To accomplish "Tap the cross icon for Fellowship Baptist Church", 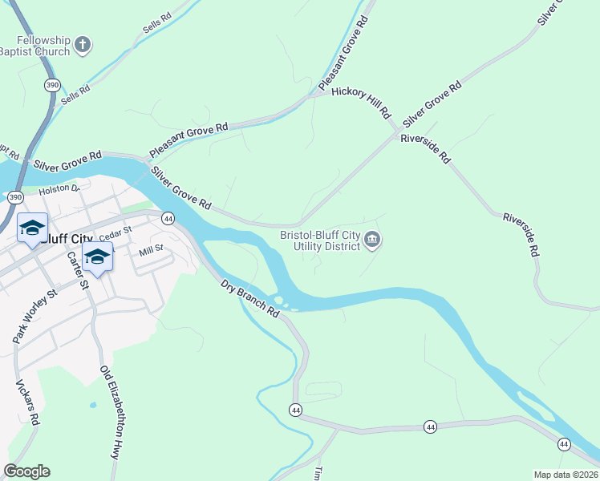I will [x=83, y=46].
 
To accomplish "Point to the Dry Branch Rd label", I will [x=250, y=297].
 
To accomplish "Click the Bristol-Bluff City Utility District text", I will [x=319, y=240].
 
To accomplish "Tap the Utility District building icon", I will [x=372, y=240].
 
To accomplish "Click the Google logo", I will [x=26, y=471].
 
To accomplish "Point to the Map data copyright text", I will [x=565, y=475].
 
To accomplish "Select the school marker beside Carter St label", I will [x=98, y=257].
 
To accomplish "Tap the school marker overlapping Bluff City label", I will [x=32, y=228].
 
